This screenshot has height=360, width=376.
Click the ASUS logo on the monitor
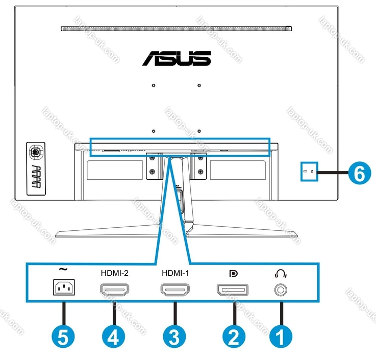point(176,58)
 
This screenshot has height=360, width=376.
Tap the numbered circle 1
point(280,337)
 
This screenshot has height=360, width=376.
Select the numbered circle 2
point(234,337)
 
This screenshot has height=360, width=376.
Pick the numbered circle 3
point(174,337)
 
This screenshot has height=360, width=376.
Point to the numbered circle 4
point(113,337)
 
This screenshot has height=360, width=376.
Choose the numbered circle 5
point(63,337)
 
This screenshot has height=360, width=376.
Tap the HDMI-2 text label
point(114,273)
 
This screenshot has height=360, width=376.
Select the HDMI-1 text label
point(175,273)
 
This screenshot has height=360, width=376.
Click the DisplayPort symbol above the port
point(234,273)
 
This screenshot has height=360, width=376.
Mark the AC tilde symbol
point(63,270)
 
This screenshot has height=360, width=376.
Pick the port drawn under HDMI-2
point(114,291)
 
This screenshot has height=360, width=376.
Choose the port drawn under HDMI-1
point(175,291)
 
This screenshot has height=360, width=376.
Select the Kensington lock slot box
point(309,172)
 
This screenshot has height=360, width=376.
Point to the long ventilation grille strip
point(176,29)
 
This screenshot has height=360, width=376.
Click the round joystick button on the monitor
point(35,152)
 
